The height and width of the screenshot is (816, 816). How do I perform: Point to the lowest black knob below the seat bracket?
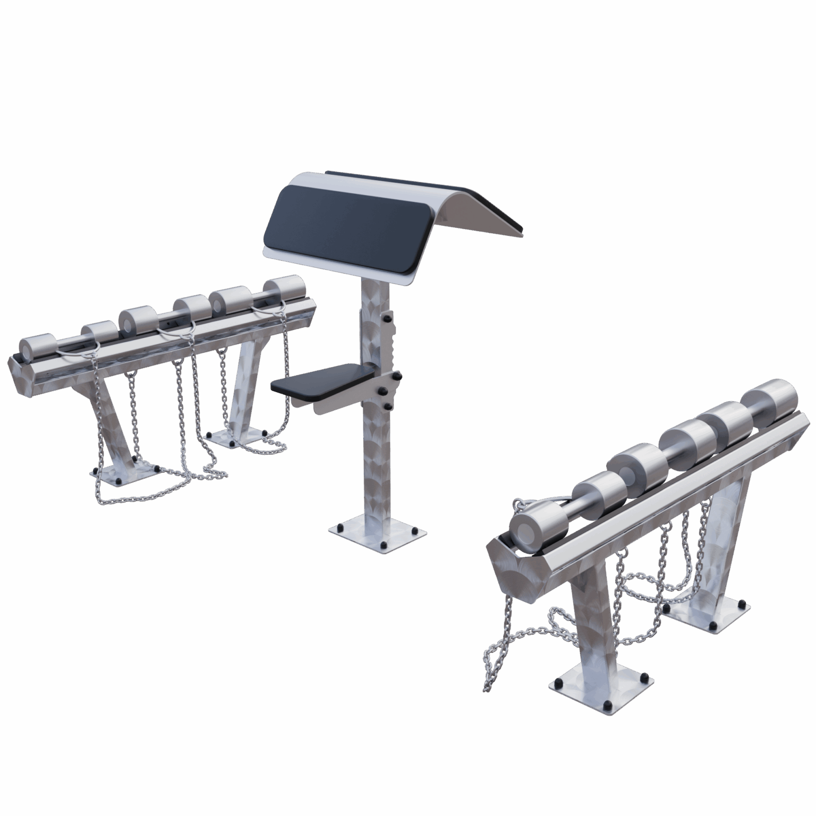click(x=388, y=406)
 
